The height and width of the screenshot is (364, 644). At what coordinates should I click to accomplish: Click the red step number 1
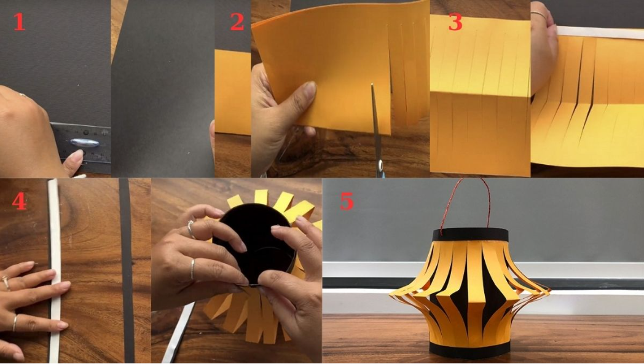point(19,22)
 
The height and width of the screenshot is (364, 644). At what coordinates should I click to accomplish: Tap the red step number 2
point(237,22)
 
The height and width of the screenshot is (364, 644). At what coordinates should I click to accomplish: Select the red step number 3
point(455,22)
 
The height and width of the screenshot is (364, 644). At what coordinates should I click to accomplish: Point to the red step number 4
point(19,201)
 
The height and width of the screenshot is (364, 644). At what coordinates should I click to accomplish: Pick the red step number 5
point(347,201)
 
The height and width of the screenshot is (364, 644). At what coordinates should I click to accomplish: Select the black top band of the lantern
point(470,235)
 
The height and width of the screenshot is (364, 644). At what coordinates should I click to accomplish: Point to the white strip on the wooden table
point(55,271)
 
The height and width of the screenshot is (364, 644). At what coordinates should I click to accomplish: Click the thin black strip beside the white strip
point(127,271)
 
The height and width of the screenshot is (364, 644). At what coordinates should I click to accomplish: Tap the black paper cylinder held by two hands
point(254,242)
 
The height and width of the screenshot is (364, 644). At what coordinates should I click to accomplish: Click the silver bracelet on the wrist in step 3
point(539,15)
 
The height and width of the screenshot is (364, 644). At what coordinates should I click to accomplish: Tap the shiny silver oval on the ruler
point(85,143)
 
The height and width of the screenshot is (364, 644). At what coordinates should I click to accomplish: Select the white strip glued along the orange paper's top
point(600,32)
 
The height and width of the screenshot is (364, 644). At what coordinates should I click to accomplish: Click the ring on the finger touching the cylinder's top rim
point(190,229)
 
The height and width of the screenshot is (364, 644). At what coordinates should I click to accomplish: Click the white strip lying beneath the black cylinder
point(178,333)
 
